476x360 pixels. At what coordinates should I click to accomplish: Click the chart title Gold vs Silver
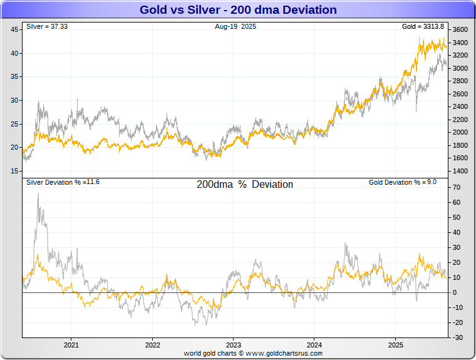point(238,10)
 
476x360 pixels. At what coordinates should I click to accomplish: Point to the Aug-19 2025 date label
point(235,27)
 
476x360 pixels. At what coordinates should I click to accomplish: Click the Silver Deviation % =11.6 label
point(63,182)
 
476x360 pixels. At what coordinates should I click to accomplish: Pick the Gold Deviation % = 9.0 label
point(402,182)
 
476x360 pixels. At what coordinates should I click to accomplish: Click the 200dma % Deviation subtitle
point(245,185)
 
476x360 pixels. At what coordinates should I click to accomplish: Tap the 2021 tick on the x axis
point(71,345)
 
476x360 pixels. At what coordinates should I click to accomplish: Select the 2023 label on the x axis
point(233,345)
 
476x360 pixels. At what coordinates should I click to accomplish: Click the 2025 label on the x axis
point(395,345)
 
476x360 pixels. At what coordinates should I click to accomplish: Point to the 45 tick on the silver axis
point(14,30)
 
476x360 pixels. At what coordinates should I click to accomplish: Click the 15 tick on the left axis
point(14,171)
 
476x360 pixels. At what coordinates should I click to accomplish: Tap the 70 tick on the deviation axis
point(457,188)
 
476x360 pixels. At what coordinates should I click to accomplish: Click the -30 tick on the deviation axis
point(457,337)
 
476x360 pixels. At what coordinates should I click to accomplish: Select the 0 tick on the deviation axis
point(455,293)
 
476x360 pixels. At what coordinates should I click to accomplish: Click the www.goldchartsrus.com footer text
point(253,354)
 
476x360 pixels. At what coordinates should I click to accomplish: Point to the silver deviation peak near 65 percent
point(38,194)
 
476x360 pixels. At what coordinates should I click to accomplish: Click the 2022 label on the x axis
point(152,345)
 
